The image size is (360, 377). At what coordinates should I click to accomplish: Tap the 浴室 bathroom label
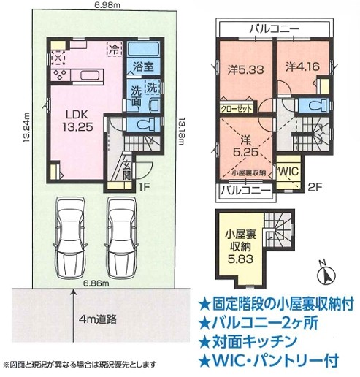pos(142,66)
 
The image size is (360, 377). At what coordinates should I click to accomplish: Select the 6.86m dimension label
pos(95,283)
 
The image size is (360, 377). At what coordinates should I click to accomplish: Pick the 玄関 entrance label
pos(126,170)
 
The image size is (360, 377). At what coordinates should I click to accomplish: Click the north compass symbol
pos(326,274)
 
